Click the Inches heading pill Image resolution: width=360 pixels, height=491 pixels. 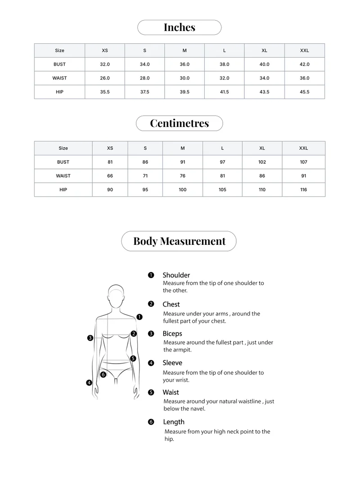click(x=179, y=27)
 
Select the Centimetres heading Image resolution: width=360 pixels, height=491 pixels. click(x=179, y=123)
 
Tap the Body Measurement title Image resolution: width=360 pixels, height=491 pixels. click(x=179, y=241)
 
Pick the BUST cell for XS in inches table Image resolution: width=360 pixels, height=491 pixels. click(x=104, y=64)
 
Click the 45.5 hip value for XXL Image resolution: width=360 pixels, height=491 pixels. click(x=304, y=92)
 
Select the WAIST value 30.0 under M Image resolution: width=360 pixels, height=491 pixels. click(x=184, y=78)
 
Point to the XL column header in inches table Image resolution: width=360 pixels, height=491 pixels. click(x=264, y=50)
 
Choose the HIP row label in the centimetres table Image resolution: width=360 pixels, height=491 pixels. click(x=63, y=189)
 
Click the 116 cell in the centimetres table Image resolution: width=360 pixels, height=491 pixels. click(x=303, y=189)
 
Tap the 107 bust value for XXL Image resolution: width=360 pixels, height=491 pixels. click(x=303, y=162)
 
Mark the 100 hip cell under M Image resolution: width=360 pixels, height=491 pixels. click(x=182, y=189)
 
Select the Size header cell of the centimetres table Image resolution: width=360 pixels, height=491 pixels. click(x=63, y=148)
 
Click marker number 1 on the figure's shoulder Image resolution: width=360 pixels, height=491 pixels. click(x=139, y=317)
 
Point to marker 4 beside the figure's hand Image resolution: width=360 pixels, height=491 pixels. click(x=89, y=383)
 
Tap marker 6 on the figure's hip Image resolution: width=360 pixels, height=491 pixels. click(x=103, y=374)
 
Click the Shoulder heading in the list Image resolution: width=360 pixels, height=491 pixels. click(x=176, y=275)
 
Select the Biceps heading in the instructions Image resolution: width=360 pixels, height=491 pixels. click(x=172, y=333)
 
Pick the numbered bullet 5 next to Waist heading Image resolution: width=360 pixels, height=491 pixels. click(x=151, y=392)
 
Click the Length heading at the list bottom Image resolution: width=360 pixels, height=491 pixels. click(x=174, y=422)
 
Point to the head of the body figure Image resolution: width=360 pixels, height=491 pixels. click(x=116, y=296)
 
